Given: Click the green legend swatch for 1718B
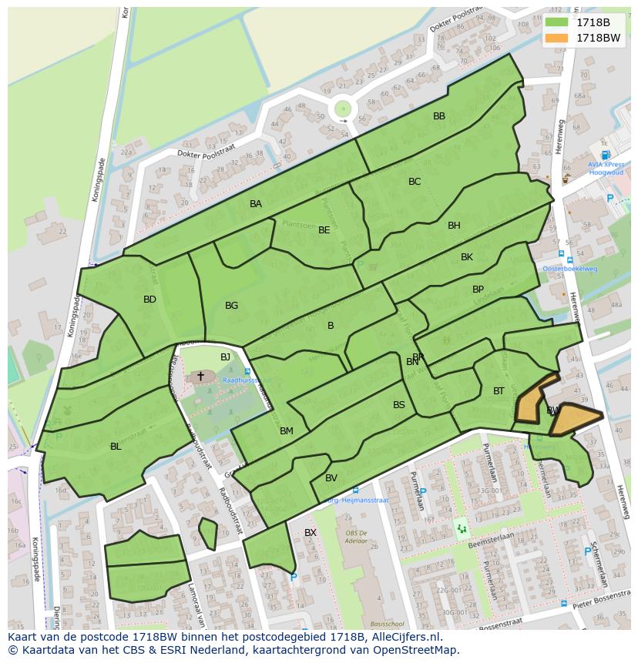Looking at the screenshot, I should click(x=556, y=22).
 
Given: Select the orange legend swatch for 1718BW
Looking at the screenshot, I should click(x=556, y=38).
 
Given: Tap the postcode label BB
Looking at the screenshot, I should click(x=439, y=116).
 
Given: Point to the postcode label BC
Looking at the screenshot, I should click(x=415, y=182).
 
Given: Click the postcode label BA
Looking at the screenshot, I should click(x=256, y=204).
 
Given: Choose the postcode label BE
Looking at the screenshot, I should click(x=324, y=230).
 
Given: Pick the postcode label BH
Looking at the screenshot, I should click(x=454, y=226).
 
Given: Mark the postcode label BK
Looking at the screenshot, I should click(x=467, y=257).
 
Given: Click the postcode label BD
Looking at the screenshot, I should click(x=149, y=300).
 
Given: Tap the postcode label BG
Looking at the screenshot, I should click(x=231, y=306).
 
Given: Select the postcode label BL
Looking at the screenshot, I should click(x=116, y=447).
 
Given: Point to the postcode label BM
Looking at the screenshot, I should click(x=287, y=431).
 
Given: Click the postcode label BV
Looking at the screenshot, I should click(x=331, y=478).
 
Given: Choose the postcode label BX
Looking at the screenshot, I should click(x=311, y=533).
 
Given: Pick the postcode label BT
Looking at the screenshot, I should click(x=499, y=391).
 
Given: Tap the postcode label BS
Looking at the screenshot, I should click(x=399, y=405).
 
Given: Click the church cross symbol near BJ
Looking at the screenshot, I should click(x=201, y=376).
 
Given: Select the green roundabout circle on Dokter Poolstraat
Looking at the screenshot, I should click(x=343, y=109).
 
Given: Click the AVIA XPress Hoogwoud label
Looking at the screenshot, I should click(x=606, y=169).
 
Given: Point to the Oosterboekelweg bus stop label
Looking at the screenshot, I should click(x=570, y=268).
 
